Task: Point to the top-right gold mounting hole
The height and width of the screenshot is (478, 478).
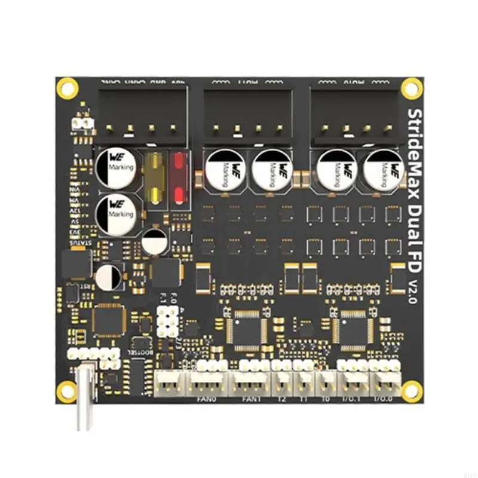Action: [x=411, y=88]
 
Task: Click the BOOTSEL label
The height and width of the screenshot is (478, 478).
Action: [x=143, y=353]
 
